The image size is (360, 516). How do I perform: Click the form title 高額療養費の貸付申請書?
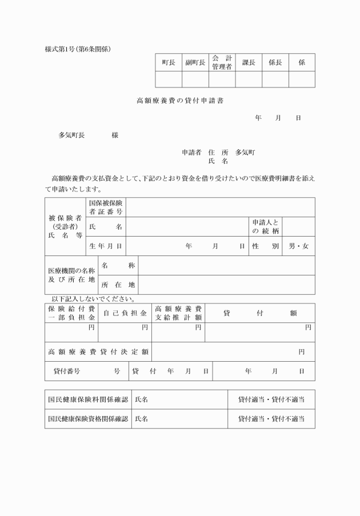[x=180, y=101]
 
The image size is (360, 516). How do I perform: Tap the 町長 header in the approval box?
[x=169, y=62]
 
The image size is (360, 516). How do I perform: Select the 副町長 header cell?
[x=195, y=62]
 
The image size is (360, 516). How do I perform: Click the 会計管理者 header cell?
[x=222, y=62]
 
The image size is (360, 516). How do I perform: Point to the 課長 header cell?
[x=249, y=62]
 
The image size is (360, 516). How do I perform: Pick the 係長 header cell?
[x=275, y=62]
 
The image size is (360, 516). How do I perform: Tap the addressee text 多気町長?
[x=71, y=135]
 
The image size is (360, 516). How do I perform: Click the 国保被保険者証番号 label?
[x=106, y=207]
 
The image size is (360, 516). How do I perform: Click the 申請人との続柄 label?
[x=265, y=226]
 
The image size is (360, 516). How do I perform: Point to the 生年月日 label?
[x=106, y=246]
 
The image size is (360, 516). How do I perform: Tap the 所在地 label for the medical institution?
[x=118, y=285]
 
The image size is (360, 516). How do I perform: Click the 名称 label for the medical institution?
[x=118, y=266]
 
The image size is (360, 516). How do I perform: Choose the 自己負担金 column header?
[x=125, y=313]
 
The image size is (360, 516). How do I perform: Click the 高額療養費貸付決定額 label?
[x=98, y=352]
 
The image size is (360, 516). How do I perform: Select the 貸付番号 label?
[x=67, y=371]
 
